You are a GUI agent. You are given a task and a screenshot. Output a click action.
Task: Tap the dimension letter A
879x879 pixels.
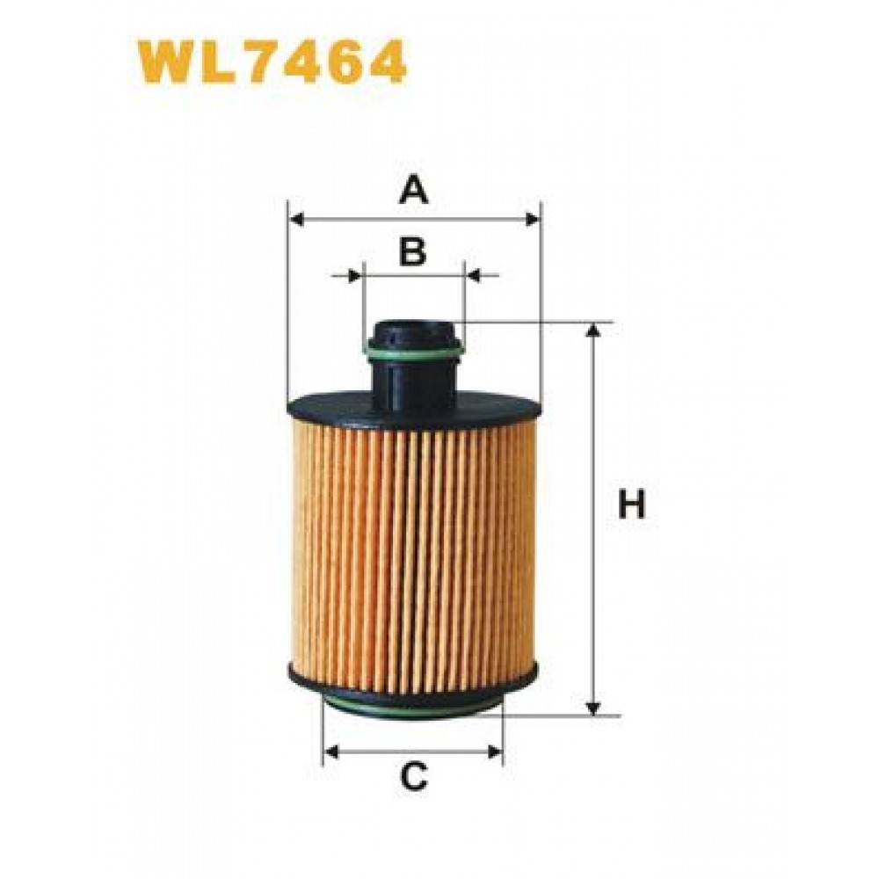point(414,190)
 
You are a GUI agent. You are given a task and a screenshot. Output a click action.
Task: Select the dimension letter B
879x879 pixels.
point(412,251)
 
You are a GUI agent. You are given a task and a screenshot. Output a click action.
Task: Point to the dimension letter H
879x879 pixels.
point(632,504)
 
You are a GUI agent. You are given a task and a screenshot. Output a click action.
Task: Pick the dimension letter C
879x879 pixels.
point(414,777)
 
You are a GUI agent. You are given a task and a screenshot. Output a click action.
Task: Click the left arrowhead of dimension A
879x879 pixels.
point(296,219)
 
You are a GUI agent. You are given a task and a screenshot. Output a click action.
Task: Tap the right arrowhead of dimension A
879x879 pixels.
point(532,219)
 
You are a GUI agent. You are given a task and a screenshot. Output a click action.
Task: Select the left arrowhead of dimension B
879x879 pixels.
point(355,276)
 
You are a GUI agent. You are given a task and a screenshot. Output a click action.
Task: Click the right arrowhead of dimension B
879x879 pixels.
point(474,276)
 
